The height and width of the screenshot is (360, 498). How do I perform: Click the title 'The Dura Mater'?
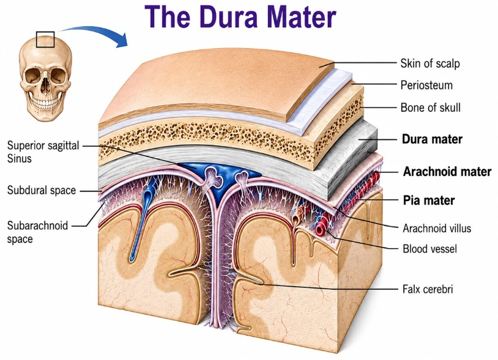point(240,16)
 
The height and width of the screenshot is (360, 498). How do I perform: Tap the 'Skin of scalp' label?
point(430,64)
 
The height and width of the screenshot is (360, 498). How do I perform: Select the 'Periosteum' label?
point(426,86)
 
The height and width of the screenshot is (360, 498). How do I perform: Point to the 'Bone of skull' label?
point(430,108)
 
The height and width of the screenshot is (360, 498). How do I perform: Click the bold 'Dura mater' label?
point(432,139)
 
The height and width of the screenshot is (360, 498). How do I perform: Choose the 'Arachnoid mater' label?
point(447,172)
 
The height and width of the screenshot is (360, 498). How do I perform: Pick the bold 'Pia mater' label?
point(429,200)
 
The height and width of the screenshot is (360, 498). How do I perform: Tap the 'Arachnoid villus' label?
point(437,229)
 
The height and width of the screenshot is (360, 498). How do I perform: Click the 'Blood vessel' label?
point(429,249)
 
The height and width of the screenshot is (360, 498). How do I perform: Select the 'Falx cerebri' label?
point(428,289)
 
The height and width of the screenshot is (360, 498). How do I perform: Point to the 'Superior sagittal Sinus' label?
point(43,152)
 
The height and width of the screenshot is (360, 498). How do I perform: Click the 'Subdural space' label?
point(42,190)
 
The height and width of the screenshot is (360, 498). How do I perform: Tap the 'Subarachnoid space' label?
point(37,232)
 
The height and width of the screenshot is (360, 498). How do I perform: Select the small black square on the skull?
point(45,39)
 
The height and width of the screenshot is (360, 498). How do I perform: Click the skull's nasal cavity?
point(46,85)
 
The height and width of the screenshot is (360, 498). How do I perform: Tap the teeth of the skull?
point(45,104)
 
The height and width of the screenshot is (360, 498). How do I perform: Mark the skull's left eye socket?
point(33,76)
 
